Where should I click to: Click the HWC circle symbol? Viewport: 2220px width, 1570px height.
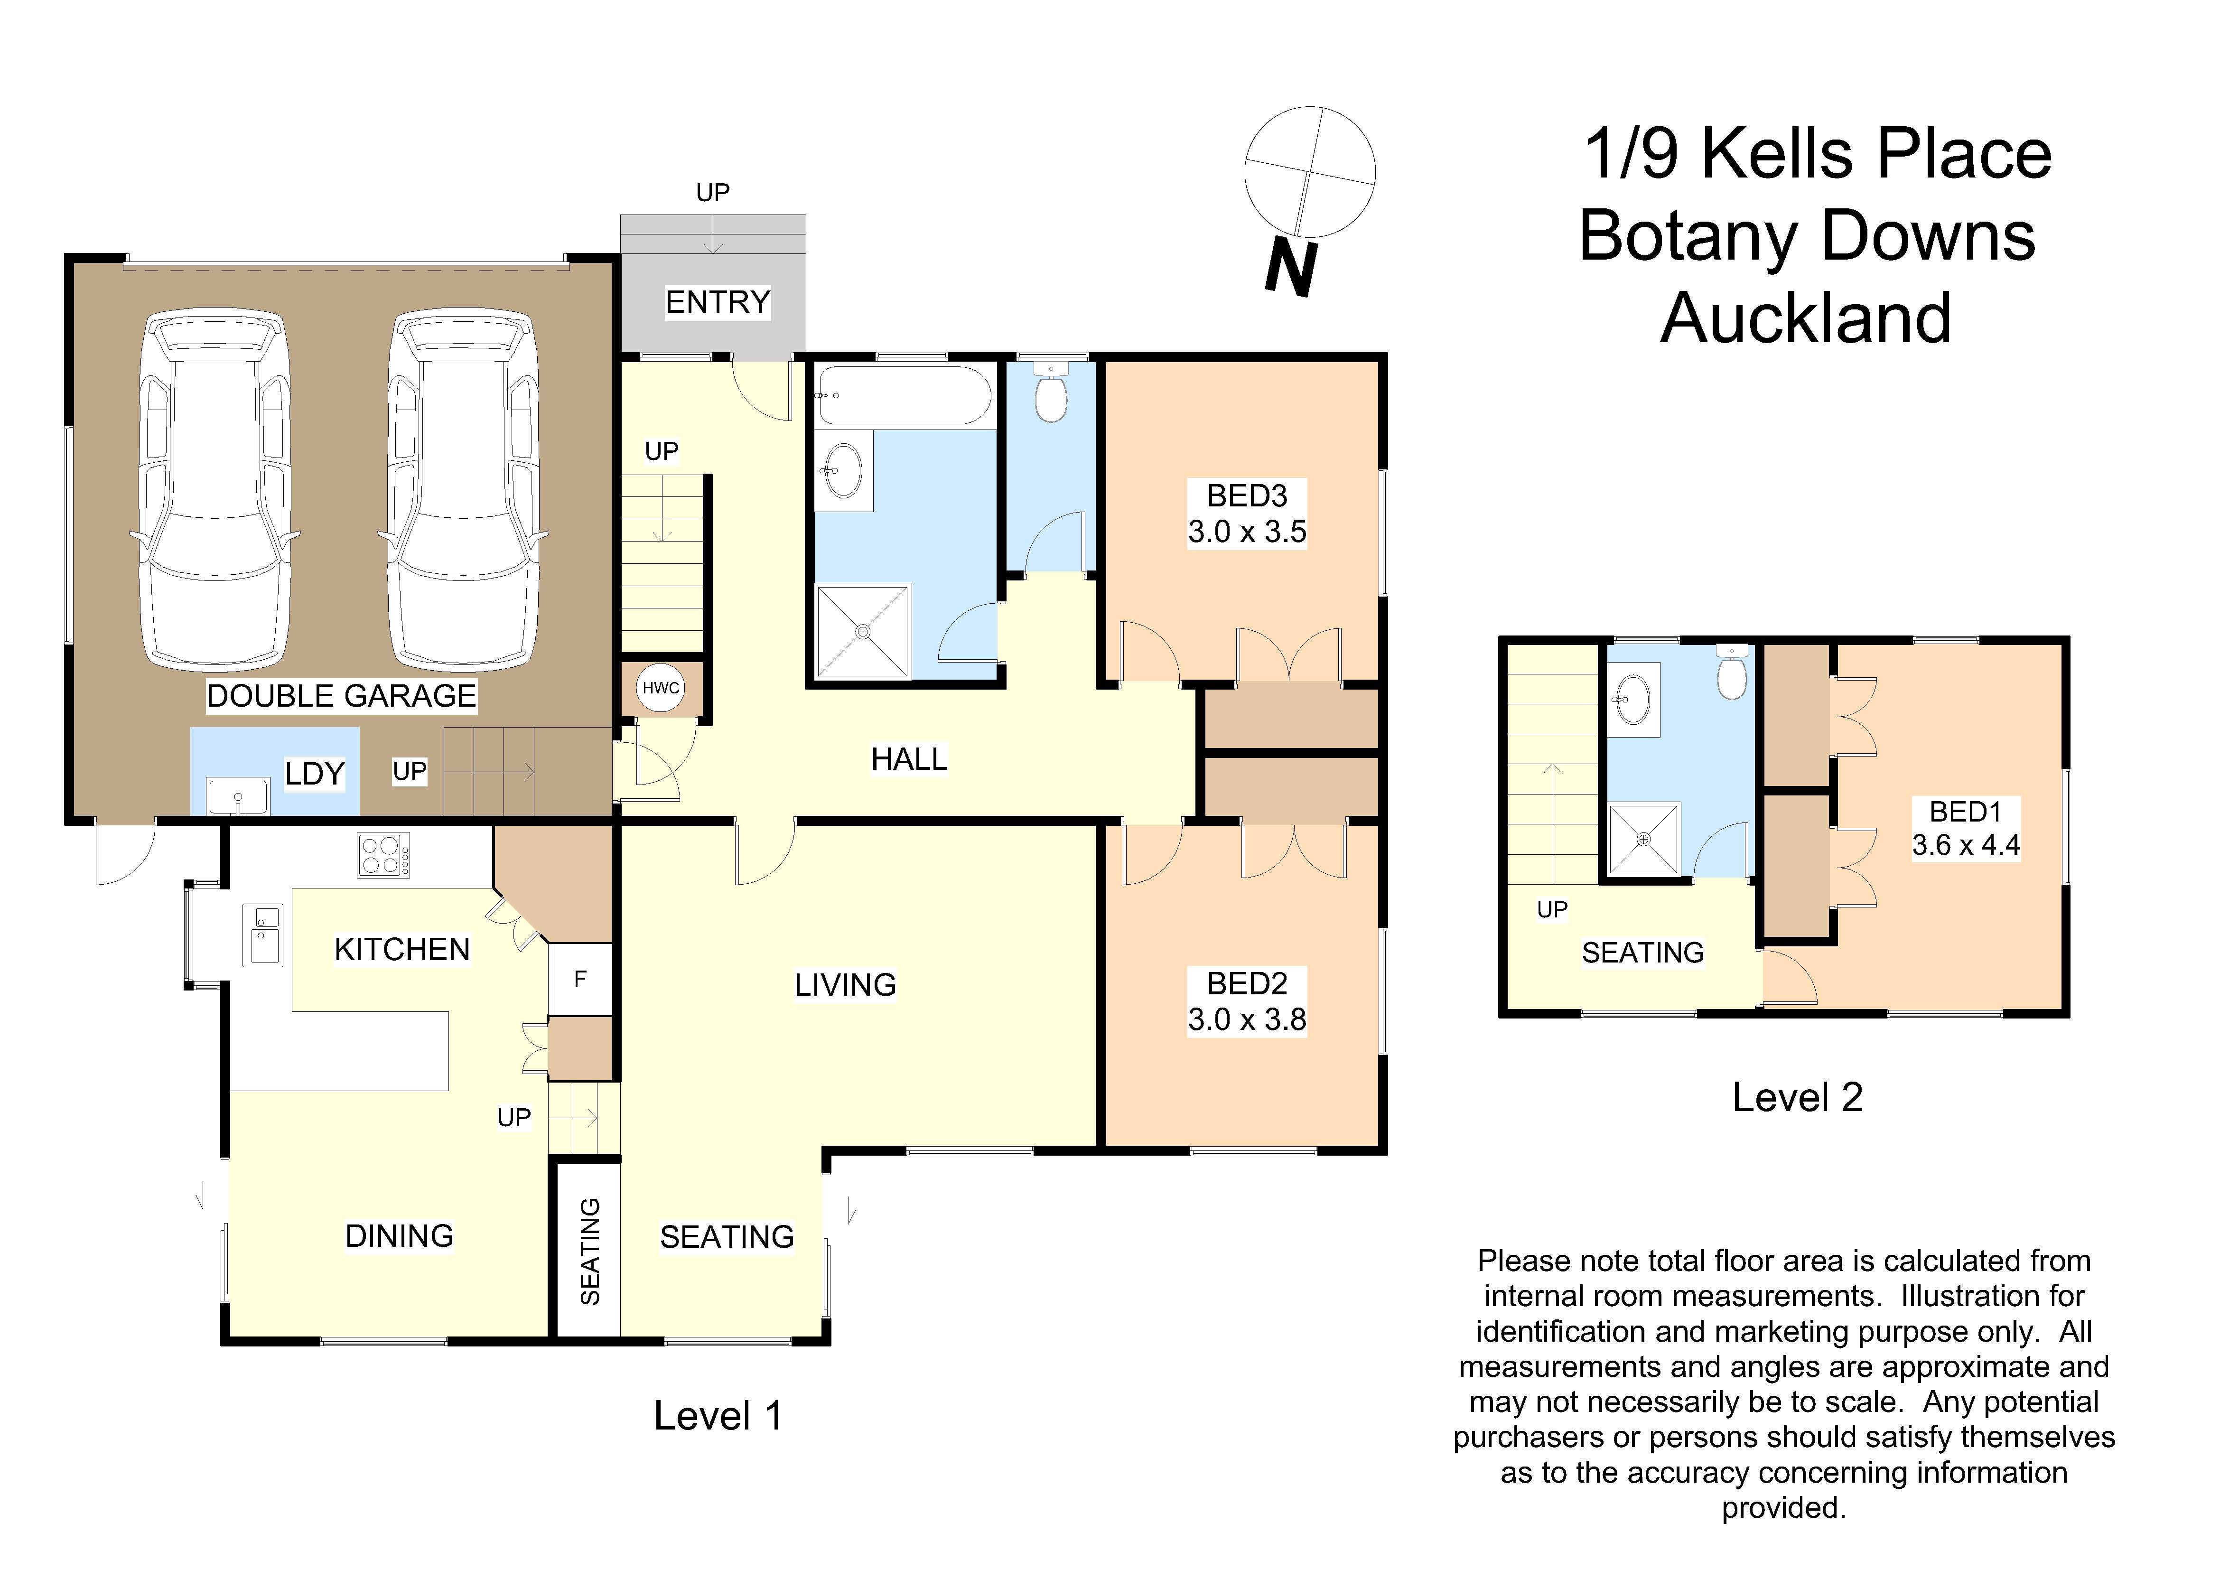tap(662, 688)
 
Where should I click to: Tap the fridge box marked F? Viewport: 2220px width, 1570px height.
tap(580, 979)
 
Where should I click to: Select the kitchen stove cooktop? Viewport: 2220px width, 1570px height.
tap(383, 855)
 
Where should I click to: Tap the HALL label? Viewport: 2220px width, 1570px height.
tap(909, 760)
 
